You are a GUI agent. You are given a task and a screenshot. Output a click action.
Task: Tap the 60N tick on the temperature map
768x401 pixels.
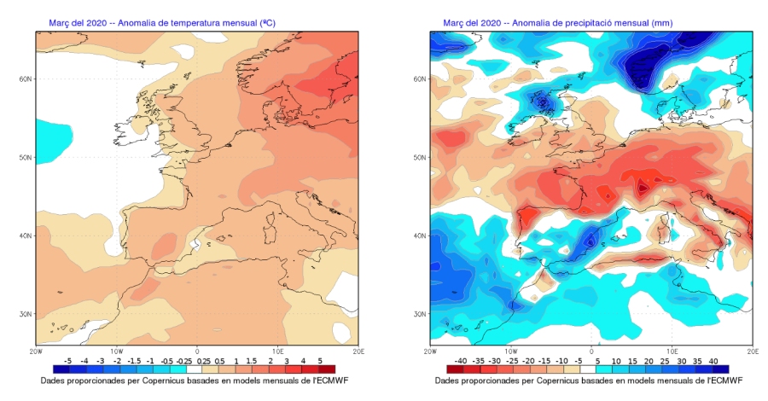click(26, 78)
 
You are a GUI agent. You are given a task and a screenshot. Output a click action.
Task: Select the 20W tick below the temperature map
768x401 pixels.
click(36, 350)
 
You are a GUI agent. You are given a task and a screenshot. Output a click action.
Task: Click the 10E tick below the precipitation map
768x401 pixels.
click(672, 350)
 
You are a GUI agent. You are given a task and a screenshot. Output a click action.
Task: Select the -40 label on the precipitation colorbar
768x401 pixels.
click(462, 362)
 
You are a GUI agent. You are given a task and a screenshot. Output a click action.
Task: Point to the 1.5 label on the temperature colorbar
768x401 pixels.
click(252, 362)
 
